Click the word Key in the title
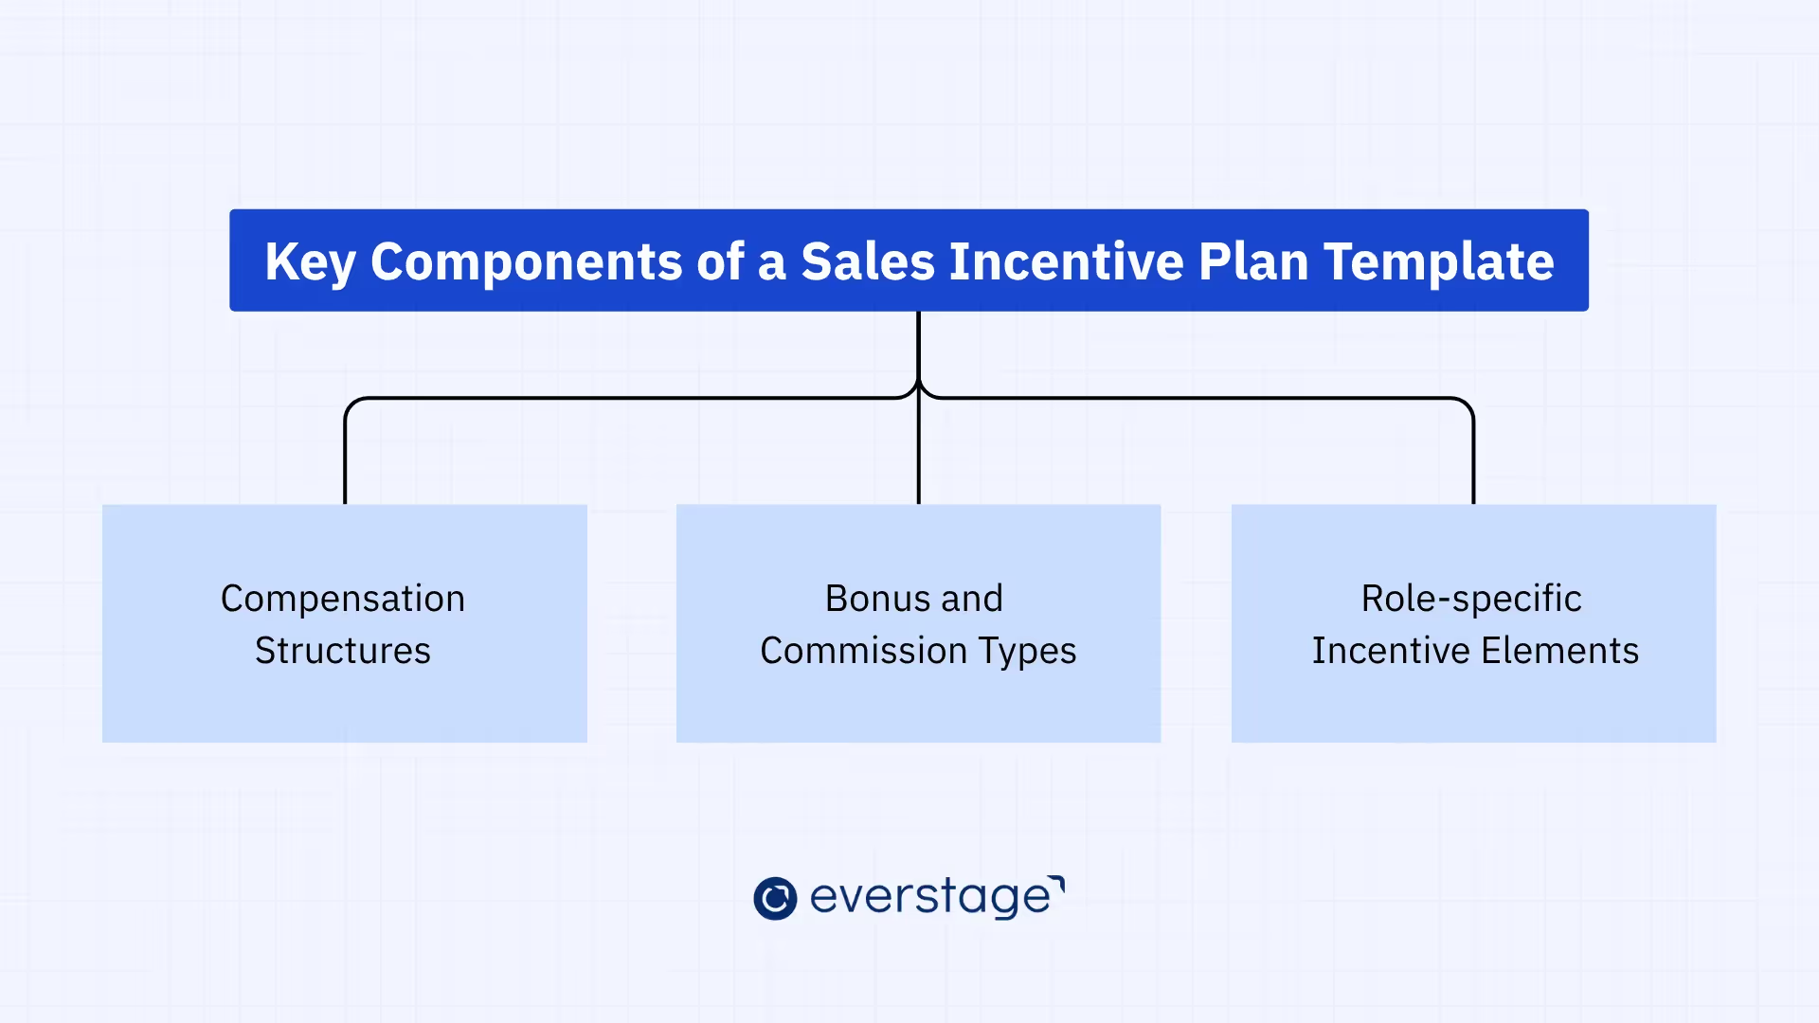click(309, 262)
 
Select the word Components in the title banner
click(526, 262)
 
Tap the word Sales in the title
click(868, 261)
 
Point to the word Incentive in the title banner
click(1066, 261)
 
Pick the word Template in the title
click(1438, 262)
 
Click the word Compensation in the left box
click(343, 600)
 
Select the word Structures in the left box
click(343, 651)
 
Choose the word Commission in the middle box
click(863, 651)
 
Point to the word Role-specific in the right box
click(1471, 600)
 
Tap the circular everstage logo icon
click(775, 898)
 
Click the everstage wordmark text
click(930, 897)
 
